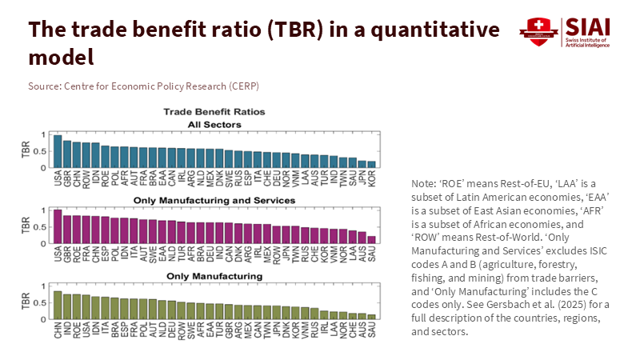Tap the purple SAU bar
click(371, 239)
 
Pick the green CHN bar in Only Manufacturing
click(58, 305)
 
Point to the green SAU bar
click(371, 317)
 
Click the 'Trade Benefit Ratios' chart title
click(214, 111)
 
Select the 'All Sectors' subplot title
click(214, 123)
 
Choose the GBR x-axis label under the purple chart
click(67, 254)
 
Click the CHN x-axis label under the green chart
click(58, 332)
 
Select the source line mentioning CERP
click(144, 86)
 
